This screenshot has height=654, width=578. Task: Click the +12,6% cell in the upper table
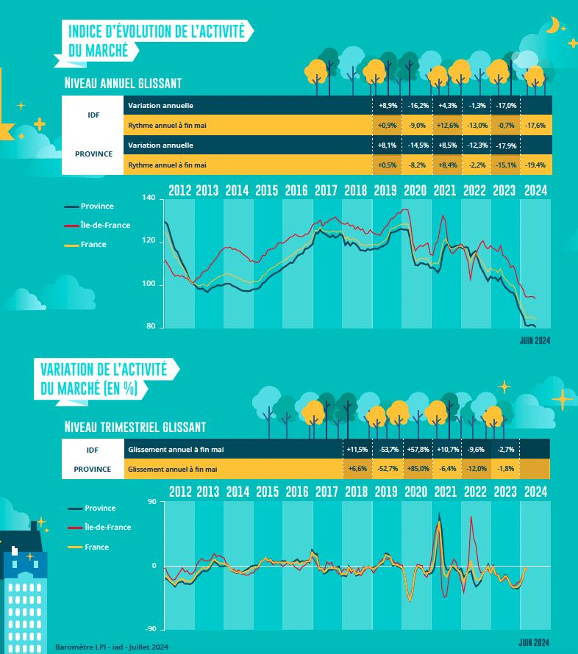point(447,126)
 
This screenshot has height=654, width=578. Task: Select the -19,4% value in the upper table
point(535,165)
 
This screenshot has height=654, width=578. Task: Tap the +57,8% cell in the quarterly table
point(418,448)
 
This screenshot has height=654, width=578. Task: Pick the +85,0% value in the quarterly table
point(418,469)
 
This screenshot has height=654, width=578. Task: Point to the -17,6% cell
point(535,126)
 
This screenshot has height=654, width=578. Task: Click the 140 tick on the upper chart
point(149,198)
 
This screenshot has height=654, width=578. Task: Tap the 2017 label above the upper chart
point(326,190)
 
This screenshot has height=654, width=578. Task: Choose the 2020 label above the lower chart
point(415,492)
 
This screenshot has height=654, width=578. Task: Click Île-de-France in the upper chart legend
point(105,225)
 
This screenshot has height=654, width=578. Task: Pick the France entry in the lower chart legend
point(96,547)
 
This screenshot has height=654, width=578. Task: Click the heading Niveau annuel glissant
point(123,82)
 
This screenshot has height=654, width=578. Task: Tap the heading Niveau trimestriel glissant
point(135,427)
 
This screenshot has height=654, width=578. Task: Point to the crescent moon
point(551,26)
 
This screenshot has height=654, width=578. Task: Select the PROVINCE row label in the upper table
point(93,154)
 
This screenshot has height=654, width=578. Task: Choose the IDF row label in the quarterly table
point(93,448)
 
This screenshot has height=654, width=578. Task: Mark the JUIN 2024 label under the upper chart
point(535,340)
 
